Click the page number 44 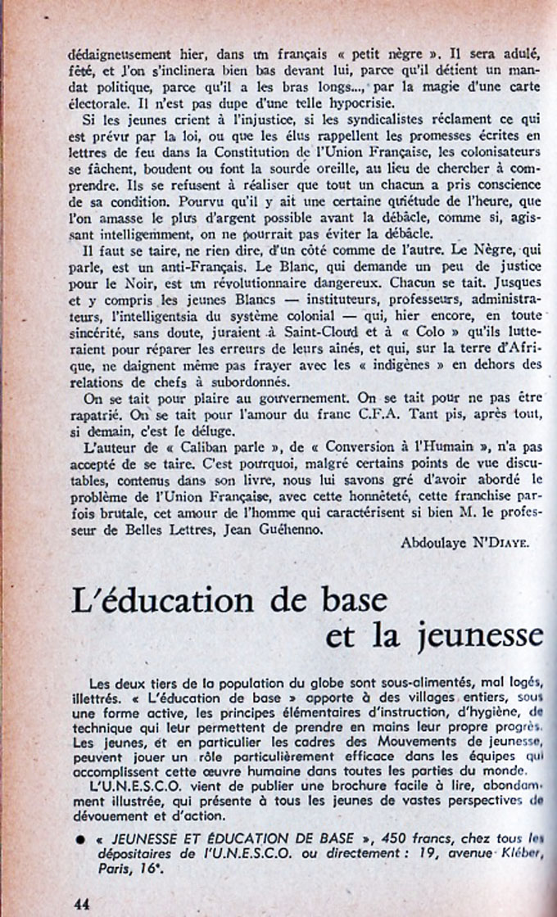(82, 904)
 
